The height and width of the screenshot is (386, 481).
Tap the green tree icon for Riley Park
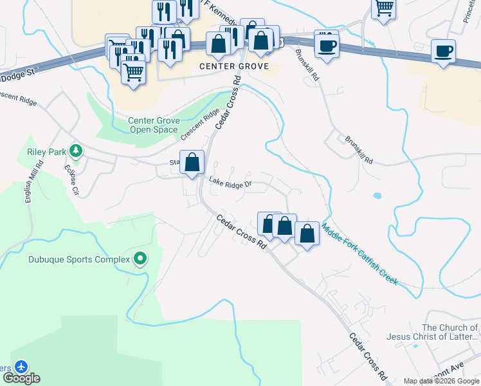[76, 151]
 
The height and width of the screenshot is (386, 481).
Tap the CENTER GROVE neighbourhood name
[230, 66]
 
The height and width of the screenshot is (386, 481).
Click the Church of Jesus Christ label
[432, 332]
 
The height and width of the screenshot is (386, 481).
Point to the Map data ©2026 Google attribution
[440, 381]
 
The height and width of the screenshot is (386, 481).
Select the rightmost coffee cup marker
[444, 51]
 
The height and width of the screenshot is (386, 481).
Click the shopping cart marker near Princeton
[384, 8]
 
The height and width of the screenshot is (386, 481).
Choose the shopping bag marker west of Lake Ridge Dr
[192, 163]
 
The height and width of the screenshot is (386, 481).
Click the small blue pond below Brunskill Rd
[376, 195]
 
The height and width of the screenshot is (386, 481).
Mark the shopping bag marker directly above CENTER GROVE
[219, 44]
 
